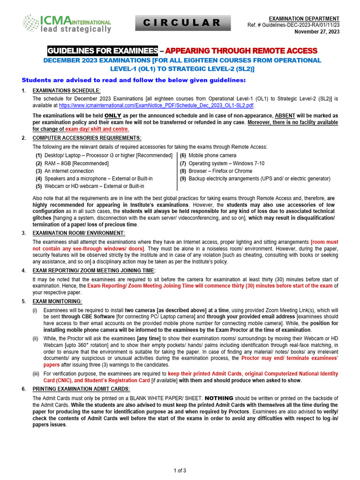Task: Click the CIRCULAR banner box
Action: click(183, 22)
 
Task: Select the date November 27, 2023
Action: click(317, 32)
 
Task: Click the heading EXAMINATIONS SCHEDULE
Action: click(66, 90)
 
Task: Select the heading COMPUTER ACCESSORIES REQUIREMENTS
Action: click(86, 138)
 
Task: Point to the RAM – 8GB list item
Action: click(72, 163)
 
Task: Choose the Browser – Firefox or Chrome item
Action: click(217, 171)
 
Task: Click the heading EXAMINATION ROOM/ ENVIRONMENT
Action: click(78, 233)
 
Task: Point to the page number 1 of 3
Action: click(180, 470)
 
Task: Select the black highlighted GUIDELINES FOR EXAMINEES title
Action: click(103, 51)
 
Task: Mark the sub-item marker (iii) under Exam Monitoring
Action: click(36, 374)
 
